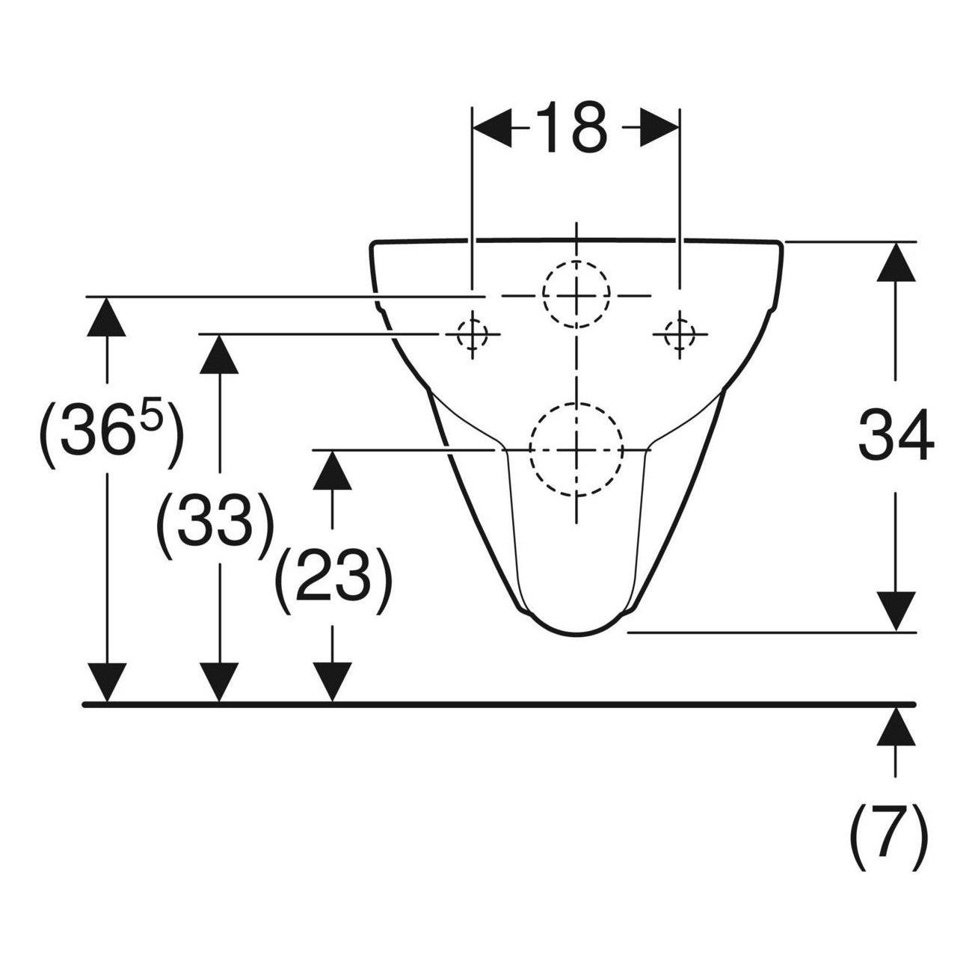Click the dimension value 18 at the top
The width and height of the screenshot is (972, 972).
click(570, 128)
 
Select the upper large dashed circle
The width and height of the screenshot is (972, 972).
click(576, 262)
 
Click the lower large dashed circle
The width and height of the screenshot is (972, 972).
click(576, 404)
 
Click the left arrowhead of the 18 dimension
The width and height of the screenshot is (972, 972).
click(493, 128)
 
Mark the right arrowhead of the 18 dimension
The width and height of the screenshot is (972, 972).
click(659, 128)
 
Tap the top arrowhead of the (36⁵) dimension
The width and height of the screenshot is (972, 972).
click(106, 317)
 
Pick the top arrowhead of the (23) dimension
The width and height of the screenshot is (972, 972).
click(332, 470)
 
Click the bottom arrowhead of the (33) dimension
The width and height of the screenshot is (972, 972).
click(219, 682)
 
